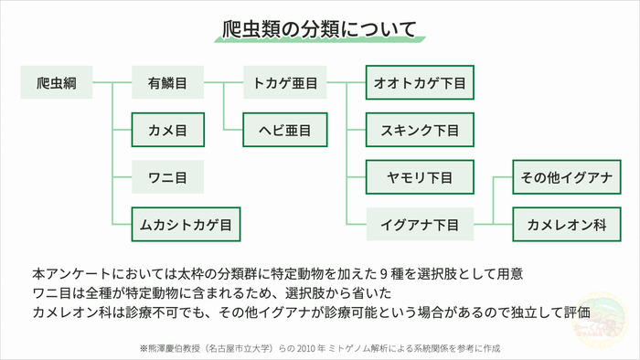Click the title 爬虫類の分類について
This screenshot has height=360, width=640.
pyautogui.click(x=319, y=28)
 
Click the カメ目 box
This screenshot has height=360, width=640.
pyautogui.click(x=167, y=131)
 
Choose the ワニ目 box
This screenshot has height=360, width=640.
pyautogui.click(x=167, y=175)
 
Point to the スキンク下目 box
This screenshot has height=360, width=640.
pyautogui.click(x=420, y=131)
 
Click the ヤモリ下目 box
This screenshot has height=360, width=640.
pyautogui.click(x=420, y=175)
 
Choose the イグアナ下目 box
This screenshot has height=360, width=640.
pyautogui.click(x=420, y=222)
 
